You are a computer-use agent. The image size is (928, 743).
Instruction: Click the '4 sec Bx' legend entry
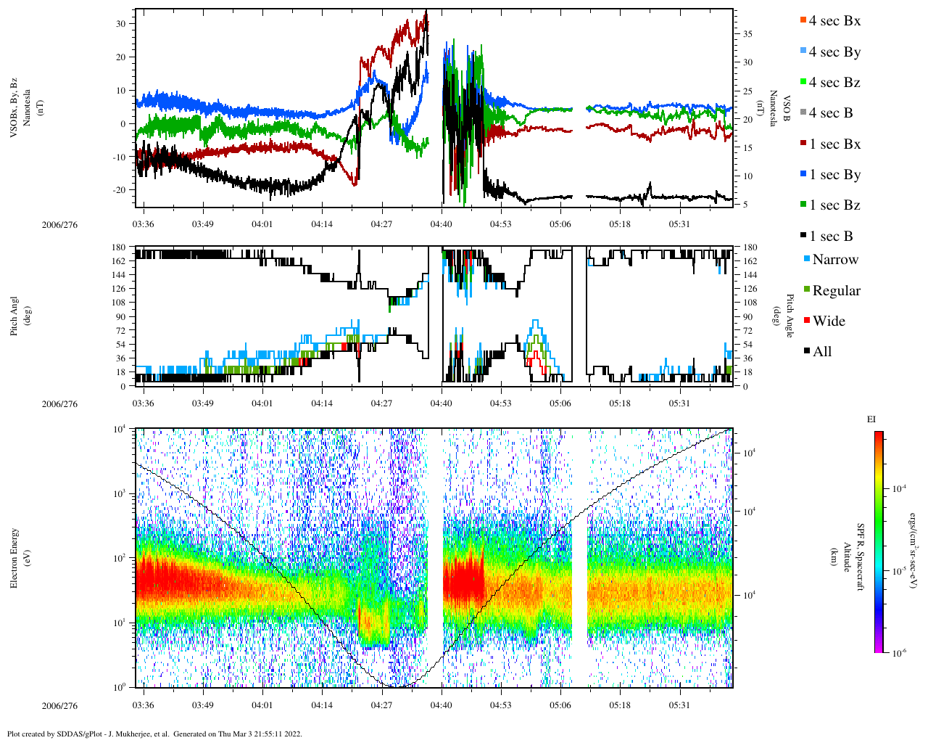(834, 21)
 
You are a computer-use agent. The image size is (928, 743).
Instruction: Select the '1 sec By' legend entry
(834, 175)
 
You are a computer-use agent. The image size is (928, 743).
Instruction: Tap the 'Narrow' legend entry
(834, 260)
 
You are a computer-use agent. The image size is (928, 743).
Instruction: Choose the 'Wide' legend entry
(828, 321)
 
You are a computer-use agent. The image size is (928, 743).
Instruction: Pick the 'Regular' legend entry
(835, 291)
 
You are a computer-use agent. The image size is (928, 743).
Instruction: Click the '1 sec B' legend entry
(831, 237)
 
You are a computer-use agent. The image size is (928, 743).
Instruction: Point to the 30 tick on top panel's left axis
(121, 23)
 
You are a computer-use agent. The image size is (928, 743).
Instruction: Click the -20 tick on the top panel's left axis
(119, 190)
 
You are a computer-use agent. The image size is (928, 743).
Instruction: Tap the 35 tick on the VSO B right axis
(747, 34)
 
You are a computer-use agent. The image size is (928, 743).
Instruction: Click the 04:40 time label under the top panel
(442, 224)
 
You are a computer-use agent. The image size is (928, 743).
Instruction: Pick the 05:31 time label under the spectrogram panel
(679, 705)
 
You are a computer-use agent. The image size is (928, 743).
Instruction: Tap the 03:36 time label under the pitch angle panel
(144, 403)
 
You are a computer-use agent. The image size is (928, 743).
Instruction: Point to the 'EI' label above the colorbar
(871, 419)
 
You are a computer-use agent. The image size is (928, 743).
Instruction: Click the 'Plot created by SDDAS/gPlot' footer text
(154, 734)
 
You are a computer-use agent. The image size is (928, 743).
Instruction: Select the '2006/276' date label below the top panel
(59, 224)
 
